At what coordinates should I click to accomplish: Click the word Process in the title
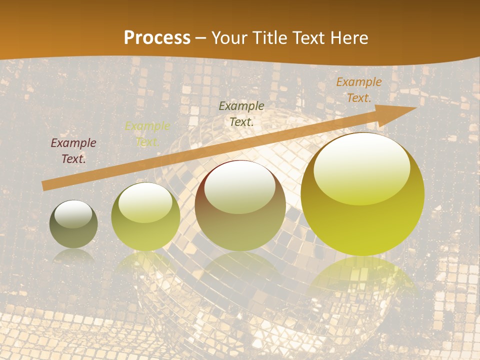tap(157, 38)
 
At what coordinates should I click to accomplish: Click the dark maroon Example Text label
tap(73, 151)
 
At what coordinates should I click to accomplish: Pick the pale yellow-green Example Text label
tap(147, 133)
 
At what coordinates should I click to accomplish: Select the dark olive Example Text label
tap(241, 113)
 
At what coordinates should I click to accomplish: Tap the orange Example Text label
tap(358, 90)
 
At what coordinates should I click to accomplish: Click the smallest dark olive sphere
tap(73, 232)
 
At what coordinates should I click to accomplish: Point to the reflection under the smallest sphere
tap(73, 256)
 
